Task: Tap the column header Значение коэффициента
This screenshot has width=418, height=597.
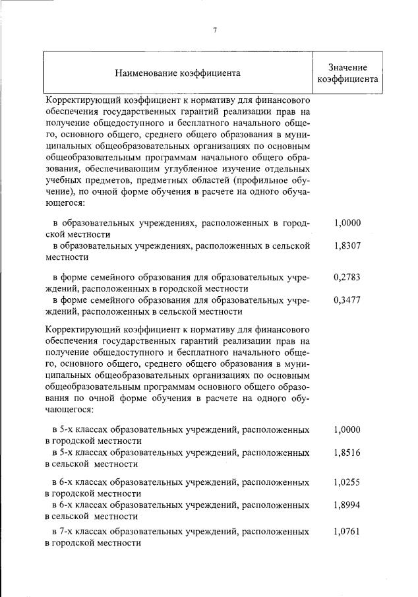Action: pyautogui.click(x=347, y=73)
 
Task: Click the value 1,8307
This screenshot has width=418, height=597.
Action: pyautogui.click(x=347, y=247)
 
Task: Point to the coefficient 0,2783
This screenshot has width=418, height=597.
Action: pyautogui.click(x=347, y=278)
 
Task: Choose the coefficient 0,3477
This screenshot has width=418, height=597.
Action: pyautogui.click(x=347, y=300)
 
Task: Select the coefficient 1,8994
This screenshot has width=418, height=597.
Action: pyautogui.click(x=347, y=505)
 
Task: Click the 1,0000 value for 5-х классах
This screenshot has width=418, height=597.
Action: pyautogui.click(x=347, y=429)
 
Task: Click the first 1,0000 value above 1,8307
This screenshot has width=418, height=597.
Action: pyautogui.click(x=347, y=224)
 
